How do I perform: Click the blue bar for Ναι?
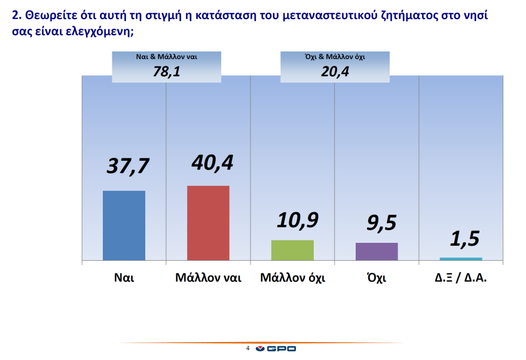pos(124,225)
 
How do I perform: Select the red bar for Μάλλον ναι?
pos(208,223)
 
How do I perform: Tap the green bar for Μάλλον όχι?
pos(292,250)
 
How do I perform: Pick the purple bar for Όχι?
pos(377,251)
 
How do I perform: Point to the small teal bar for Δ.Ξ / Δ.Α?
pos(461,259)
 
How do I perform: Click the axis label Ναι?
pos(124,278)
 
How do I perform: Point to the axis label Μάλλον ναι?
pos(208,278)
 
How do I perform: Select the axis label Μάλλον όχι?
pos(292,278)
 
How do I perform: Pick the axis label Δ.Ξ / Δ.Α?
pos(461,278)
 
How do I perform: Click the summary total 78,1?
pos(166,72)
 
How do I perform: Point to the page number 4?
pos(247,348)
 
